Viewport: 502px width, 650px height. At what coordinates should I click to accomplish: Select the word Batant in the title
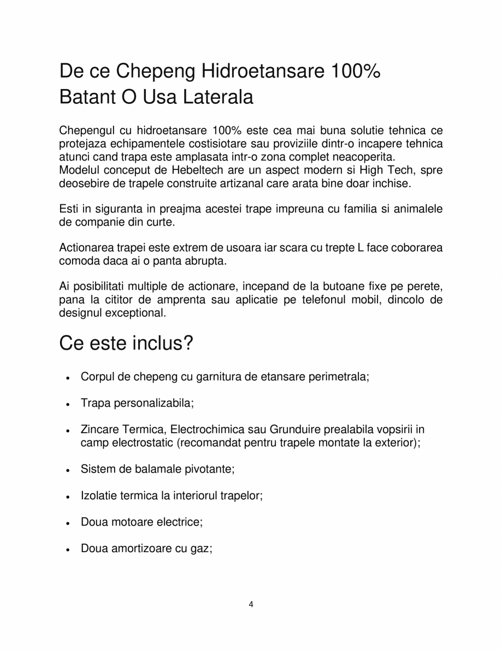87,98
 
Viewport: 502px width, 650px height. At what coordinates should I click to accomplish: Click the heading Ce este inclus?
126,344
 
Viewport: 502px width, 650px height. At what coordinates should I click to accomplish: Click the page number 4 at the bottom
251,604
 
